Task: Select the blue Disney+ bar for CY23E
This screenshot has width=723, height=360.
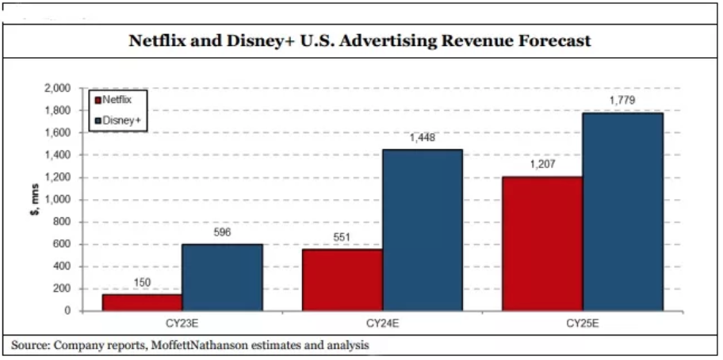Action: pos(222,277)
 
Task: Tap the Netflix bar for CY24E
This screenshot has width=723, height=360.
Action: pos(342,280)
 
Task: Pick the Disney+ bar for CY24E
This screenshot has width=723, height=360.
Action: pos(423,230)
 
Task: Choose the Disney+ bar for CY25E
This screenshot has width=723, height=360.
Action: pos(623,211)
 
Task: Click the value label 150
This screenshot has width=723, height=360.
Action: pos(141,283)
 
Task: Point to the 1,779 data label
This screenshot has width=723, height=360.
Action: pos(623,101)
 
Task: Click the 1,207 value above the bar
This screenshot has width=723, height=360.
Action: pos(543,165)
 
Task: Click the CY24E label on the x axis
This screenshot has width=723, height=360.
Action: pos(381,324)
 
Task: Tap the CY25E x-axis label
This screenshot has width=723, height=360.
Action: pos(583,324)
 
